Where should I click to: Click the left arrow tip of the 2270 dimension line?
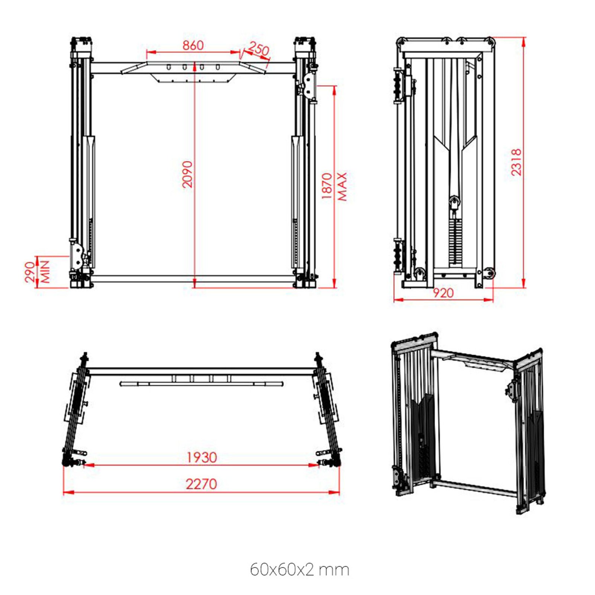coord(64,493)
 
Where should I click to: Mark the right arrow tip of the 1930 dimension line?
coord(319,465)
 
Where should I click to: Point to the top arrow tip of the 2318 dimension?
coord(524,38)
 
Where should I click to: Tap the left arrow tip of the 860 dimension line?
coord(147,52)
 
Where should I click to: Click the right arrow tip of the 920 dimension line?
coord(493,299)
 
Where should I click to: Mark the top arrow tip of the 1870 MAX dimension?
coord(334,86)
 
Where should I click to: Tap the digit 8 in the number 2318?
coord(516,152)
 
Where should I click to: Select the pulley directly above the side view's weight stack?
coord(454,203)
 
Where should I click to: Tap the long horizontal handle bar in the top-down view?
coord(201,384)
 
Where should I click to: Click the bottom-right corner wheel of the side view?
coord(489,273)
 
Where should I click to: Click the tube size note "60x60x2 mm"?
coord(299,570)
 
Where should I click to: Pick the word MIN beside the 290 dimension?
coord(45,271)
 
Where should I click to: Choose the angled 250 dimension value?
coord(259,49)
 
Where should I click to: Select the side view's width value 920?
coord(443,293)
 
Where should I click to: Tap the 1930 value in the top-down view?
coord(202,457)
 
